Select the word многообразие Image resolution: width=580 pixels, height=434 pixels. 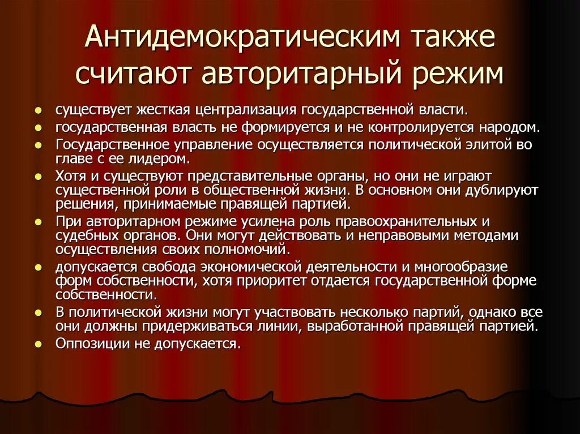(x=461, y=267)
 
